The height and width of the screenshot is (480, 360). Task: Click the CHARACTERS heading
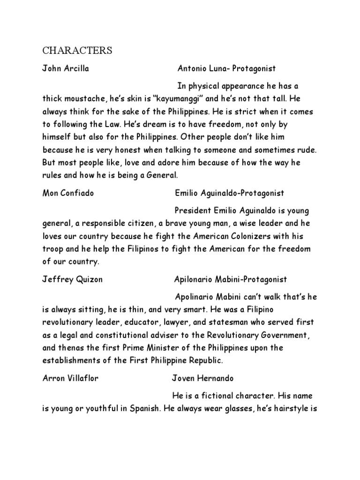point(77,50)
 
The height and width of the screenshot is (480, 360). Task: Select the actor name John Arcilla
point(66,69)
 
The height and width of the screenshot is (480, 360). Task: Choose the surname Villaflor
point(82,378)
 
